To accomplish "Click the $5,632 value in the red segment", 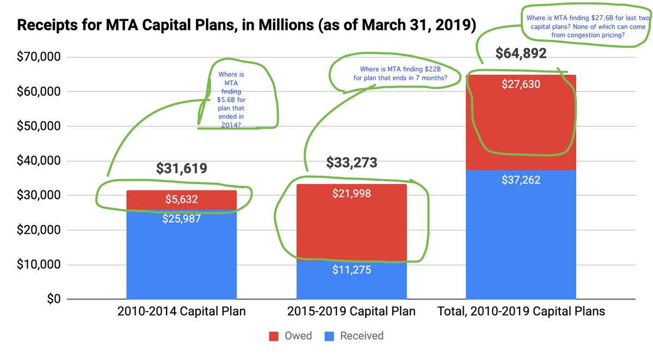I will pyautogui.click(x=181, y=200).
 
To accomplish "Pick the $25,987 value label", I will pyautogui.click(x=181, y=219).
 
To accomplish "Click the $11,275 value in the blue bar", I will pyautogui.click(x=352, y=269).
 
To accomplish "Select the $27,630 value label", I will pyautogui.click(x=521, y=84).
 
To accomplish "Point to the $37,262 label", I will pyautogui.click(x=521, y=179).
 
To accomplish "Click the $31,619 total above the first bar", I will pyautogui.click(x=181, y=169).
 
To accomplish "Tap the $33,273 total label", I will pyautogui.click(x=352, y=162).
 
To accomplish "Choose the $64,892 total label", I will pyautogui.click(x=521, y=54).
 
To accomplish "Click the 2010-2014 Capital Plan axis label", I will pyautogui.click(x=181, y=312).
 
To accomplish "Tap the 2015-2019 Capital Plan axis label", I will pyautogui.click(x=352, y=312).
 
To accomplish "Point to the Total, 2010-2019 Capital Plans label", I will pyautogui.click(x=521, y=312).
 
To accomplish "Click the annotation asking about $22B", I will pyautogui.click(x=403, y=73).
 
